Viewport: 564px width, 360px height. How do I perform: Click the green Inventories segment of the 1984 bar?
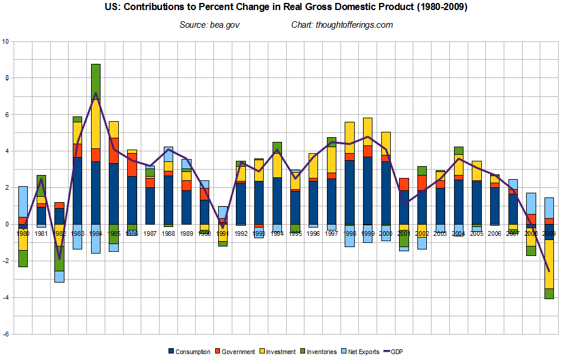coord(95,82)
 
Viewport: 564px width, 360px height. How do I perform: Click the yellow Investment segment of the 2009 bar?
coord(549,264)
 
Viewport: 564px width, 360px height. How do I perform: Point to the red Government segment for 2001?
coord(403,184)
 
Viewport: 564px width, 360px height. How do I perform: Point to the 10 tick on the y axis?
coord(6,41)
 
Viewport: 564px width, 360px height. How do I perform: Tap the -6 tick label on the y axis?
coord(6,334)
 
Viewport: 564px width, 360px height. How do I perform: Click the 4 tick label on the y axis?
coord(7,151)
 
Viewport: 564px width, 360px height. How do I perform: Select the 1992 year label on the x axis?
coord(241,233)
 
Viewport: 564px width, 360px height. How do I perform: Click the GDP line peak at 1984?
coord(95,93)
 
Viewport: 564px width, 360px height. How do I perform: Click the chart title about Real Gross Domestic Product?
coord(282,9)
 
